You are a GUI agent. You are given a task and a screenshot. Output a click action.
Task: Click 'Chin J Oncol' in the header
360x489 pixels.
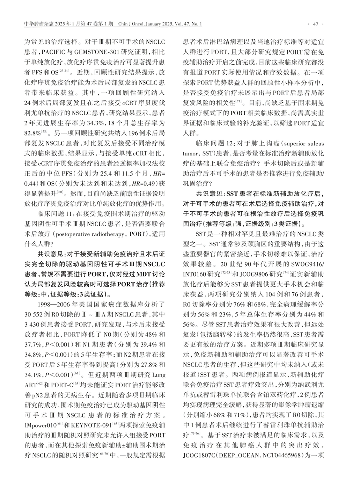[132, 24]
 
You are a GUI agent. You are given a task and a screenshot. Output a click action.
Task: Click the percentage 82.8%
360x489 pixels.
[32, 133]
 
